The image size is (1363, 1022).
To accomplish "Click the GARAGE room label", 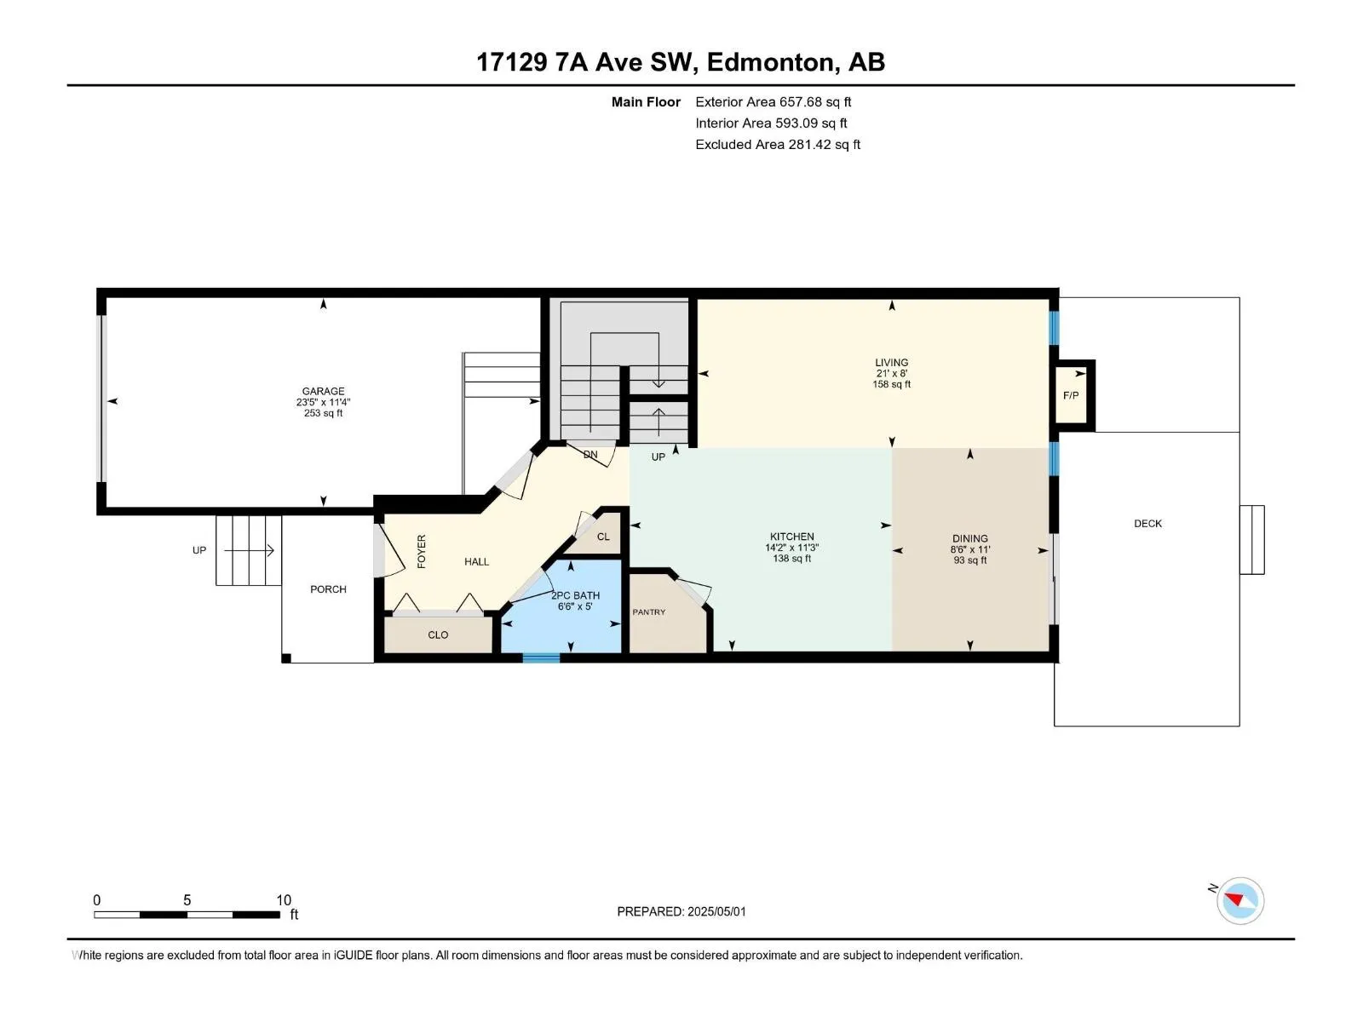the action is coord(323,391).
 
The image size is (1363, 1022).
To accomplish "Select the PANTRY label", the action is coord(649,611).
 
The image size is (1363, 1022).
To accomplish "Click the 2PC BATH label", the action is coord(575,595).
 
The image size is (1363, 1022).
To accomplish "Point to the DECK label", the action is coord(1147,523).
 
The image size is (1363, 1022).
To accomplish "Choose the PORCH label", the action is coord(328,589).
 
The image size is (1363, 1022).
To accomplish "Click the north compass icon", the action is coord(1239,900).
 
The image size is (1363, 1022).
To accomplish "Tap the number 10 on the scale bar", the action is coord(283,899).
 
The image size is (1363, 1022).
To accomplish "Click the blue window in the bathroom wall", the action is coord(541,658).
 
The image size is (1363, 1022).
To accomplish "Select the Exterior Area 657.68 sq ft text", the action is coord(774,101).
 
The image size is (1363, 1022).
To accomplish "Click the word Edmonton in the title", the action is coord(769,63).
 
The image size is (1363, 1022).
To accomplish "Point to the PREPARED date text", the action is coord(681,911).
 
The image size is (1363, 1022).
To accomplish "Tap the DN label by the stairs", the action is coord(589,454).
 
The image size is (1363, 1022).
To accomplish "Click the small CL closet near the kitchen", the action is coord(603,537).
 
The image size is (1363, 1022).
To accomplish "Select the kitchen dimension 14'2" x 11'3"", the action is coord(791,548).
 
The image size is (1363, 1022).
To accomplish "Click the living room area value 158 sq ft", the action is coord(891,384).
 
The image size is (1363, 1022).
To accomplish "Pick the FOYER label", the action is coord(422,551).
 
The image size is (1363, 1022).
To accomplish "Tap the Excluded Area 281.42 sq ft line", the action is coord(778,145).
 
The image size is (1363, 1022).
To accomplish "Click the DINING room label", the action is coord(970,538).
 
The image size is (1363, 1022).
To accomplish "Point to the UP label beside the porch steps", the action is coord(198,550).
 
